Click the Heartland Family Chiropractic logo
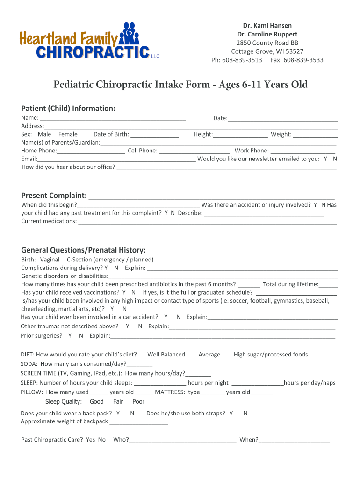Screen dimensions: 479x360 [89, 41]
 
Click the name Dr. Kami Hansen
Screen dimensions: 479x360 [267, 25]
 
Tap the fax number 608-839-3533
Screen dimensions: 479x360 [303, 60]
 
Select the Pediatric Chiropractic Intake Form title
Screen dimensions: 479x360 [180, 85]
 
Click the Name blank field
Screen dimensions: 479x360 [113, 118]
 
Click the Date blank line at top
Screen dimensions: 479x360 [282, 118]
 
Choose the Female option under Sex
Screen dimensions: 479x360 [68, 134]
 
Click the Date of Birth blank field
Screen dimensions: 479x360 [155, 134]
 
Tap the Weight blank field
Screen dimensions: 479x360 [316, 134]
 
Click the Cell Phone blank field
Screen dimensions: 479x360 [194, 151]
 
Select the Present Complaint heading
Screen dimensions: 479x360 [54, 195]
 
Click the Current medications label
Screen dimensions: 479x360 [49, 221]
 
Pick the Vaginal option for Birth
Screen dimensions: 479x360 [50, 259]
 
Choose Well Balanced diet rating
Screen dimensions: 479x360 [166, 354]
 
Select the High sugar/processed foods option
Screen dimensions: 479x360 [271, 354]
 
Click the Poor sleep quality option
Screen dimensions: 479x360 [138, 401]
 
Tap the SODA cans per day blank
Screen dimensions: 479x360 [139, 364]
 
